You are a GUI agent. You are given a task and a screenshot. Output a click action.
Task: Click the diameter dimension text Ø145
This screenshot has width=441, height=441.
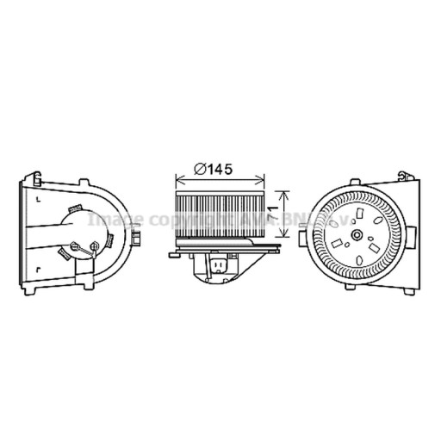click(x=213, y=169)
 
